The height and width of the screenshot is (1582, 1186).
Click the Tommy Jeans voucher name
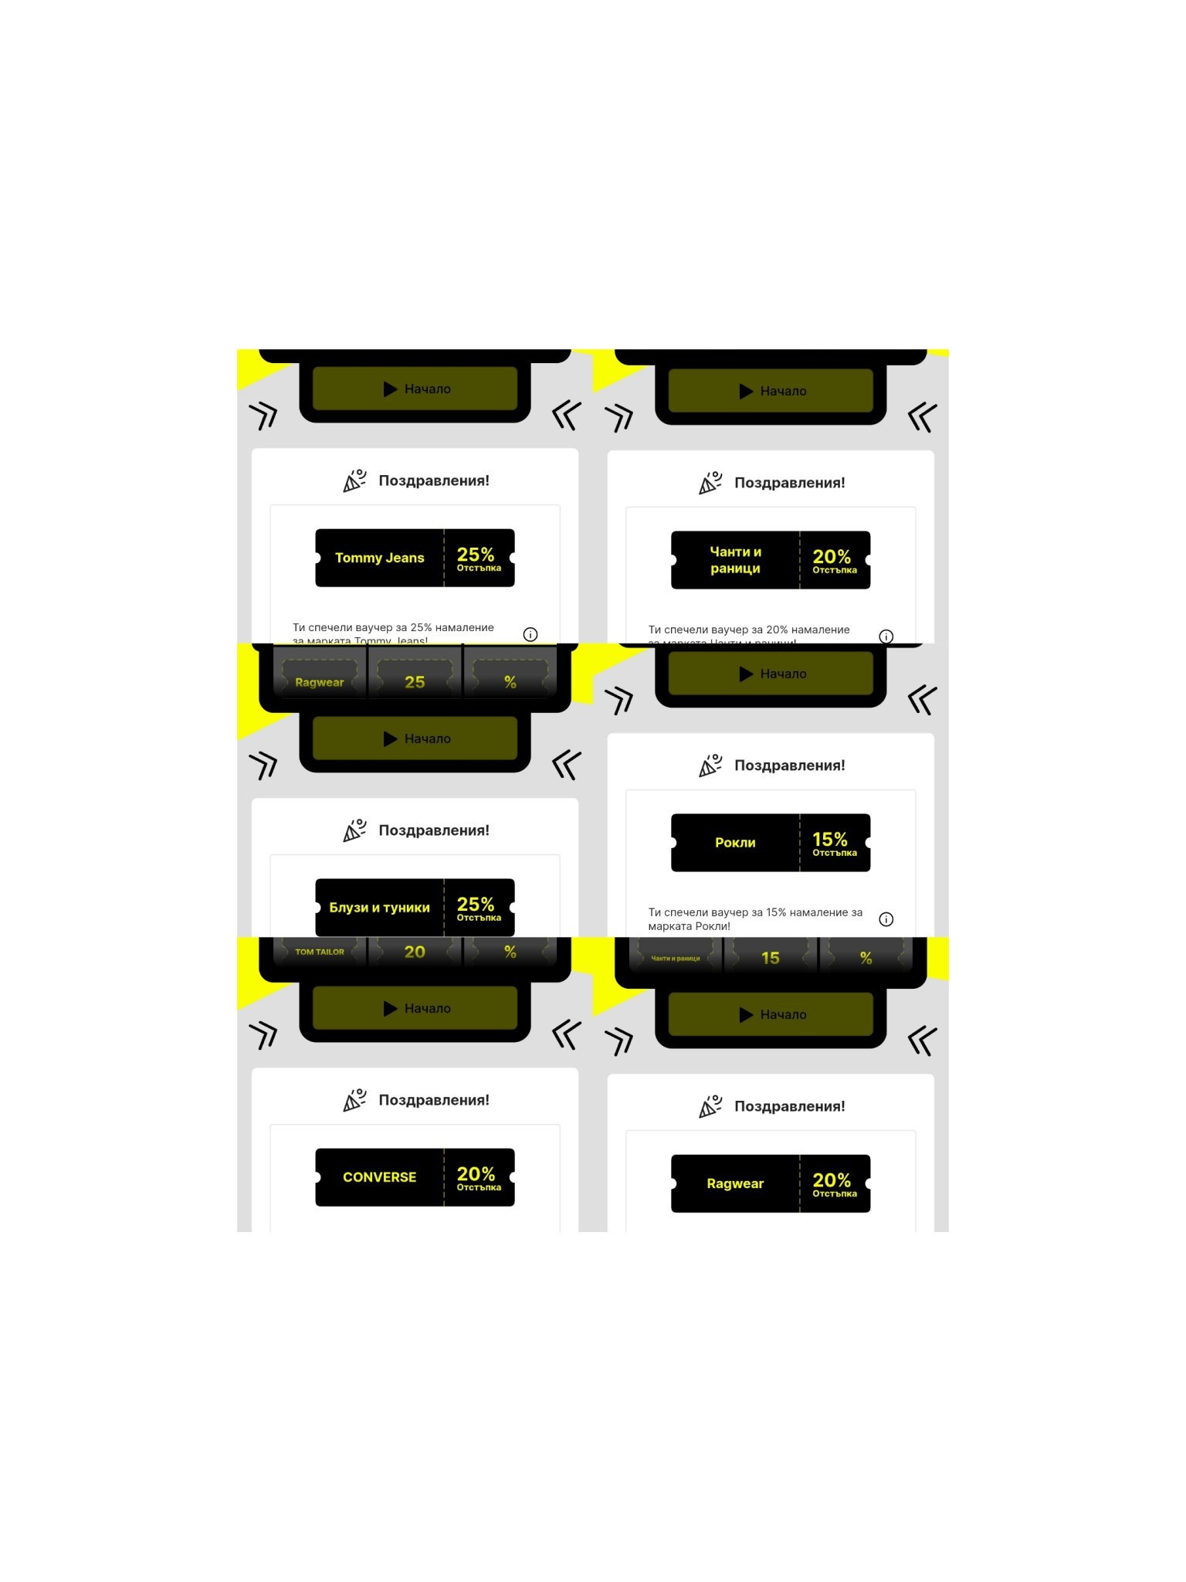[379, 558]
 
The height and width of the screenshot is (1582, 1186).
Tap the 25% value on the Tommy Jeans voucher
[476, 555]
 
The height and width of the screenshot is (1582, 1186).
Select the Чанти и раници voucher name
[735, 560]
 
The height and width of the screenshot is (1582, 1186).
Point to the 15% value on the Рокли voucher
[830, 840]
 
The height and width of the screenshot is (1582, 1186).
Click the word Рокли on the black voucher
[735, 843]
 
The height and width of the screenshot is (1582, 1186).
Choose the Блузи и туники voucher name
[379, 908]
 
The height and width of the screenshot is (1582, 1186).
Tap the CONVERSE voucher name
[379, 1177]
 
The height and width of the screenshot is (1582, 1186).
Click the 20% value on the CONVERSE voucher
[476, 1174]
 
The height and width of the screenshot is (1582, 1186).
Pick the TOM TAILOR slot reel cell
[320, 952]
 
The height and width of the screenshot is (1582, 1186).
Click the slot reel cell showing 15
[770, 958]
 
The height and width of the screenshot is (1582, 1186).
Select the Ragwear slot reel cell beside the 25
[320, 682]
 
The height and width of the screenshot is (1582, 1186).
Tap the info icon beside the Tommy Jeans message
[530, 634]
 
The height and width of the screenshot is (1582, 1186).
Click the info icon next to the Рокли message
[886, 919]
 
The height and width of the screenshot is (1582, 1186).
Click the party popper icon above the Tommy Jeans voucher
[354, 480]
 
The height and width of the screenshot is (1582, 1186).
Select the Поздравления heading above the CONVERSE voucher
[434, 1100]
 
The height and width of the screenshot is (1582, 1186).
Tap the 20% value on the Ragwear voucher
[832, 1180]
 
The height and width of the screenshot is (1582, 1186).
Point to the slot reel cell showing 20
[415, 952]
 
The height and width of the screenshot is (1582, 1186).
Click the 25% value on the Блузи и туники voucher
[476, 905]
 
